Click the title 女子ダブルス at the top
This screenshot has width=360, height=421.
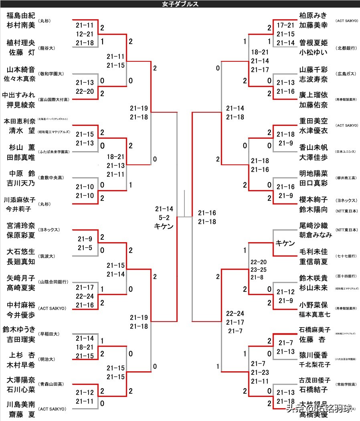pos(180,4)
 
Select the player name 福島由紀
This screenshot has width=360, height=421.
pos(21,16)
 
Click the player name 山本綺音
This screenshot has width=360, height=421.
pos(21,70)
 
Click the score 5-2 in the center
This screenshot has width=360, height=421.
pos(164,218)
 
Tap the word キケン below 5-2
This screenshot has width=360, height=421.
pos(164,227)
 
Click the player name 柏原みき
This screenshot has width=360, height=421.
pos(313,16)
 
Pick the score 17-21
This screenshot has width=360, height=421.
pos(285,25)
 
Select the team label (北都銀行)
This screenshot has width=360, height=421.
pos(346,48)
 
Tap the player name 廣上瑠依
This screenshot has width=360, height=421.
pos(313,95)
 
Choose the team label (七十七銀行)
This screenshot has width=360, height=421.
pos(346,256)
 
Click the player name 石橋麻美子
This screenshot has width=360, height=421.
pos(315,330)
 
